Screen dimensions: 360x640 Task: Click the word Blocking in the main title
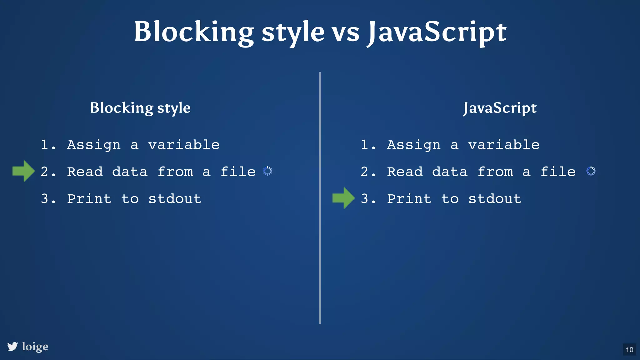(x=194, y=32)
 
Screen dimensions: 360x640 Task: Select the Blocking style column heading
(x=140, y=108)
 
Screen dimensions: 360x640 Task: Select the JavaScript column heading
(x=500, y=108)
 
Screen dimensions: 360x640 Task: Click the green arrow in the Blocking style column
(x=23, y=171)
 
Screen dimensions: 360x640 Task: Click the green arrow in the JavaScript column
(x=343, y=198)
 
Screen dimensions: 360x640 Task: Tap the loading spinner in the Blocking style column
(x=267, y=171)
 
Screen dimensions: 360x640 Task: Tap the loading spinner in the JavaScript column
(x=591, y=171)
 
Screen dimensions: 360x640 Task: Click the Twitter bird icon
(x=12, y=346)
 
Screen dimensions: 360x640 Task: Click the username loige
(x=35, y=346)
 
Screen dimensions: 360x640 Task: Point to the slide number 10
(x=629, y=349)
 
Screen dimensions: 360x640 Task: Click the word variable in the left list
(x=184, y=145)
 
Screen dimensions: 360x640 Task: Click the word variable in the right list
(x=504, y=145)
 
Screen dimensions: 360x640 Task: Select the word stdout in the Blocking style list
(x=175, y=199)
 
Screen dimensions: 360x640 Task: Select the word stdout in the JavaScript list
(x=495, y=199)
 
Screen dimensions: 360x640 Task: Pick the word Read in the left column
(x=85, y=172)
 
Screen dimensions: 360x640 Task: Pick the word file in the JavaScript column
(x=558, y=172)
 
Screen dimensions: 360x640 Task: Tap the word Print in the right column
(x=409, y=199)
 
